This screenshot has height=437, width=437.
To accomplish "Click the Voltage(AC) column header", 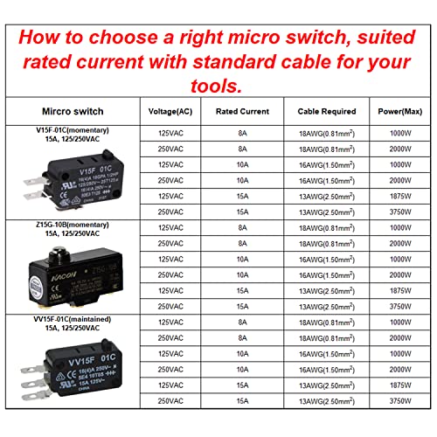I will pyautogui.click(x=171, y=111).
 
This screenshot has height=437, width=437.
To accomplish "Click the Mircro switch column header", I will pyautogui.click(x=71, y=111).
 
